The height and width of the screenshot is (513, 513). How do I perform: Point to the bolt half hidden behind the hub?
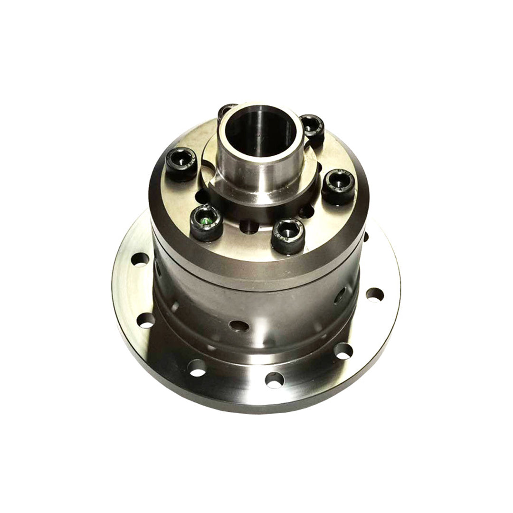[227, 111]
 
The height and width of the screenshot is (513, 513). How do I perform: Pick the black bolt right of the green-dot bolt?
[288, 234]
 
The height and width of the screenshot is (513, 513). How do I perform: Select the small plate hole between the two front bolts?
[246, 227]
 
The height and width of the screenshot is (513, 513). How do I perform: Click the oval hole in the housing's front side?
[238, 325]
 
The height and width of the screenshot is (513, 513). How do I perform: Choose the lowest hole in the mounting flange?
[275, 380]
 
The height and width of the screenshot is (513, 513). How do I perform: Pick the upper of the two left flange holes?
[140, 260]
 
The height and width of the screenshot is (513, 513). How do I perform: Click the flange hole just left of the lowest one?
[197, 367]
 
